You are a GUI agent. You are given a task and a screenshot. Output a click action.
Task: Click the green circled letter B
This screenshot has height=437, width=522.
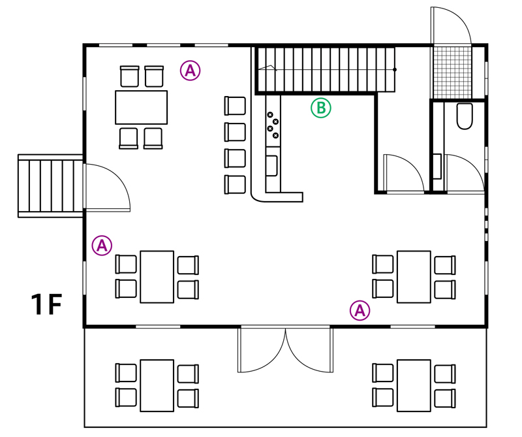pyautogui.click(x=321, y=108)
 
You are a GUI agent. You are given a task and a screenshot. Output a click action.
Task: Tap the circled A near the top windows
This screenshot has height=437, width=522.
pyautogui.click(x=190, y=71)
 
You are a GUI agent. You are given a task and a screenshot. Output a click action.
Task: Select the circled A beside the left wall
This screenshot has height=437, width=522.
pyautogui.click(x=102, y=246)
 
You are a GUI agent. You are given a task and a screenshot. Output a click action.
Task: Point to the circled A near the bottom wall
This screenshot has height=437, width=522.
pyautogui.click(x=360, y=311)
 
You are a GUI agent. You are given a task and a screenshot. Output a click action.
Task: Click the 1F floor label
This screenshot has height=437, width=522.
pyautogui.click(x=46, y=304)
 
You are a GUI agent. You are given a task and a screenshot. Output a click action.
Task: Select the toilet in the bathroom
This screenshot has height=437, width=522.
pyautogui.click(x=465, y=116)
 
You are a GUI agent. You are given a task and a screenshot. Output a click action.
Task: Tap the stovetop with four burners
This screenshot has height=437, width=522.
pyautogui.click(x=273, y=125)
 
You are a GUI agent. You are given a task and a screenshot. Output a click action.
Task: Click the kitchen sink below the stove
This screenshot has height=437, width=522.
pyautogui.click(x=271, y=165)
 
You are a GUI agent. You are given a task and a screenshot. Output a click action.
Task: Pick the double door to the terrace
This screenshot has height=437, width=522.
pyautogui.click(x=285, y=350)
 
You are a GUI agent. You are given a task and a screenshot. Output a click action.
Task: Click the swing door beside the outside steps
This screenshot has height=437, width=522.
pyautogui.click(x=107, y=187)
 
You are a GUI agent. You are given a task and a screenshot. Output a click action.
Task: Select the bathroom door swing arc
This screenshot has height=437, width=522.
pyautogui.click(x=465, y=173)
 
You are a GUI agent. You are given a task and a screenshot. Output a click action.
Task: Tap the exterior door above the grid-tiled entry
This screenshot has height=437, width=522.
pyautogui.click(x=451, y=25)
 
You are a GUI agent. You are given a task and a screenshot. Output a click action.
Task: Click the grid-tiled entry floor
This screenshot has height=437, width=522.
pyautogui.click(x=452, y=73)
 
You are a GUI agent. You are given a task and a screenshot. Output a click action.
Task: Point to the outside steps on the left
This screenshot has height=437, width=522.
pyautogui.click(x=50, y=186)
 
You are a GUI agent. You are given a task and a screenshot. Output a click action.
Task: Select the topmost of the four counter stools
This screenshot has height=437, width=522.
pyautogui.click(x=235, y=106)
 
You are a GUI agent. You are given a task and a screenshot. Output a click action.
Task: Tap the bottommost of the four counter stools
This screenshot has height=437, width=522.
pyautogui.click(x=235, y=184)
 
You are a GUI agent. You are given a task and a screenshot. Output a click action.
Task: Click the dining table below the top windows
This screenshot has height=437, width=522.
pyautogui.click(x=141, y=107)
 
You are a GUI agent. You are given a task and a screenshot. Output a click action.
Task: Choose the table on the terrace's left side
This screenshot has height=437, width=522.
pyautogui.click(x=157, y=385)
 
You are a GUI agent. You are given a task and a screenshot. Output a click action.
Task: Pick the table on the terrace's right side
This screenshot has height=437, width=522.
pyautogui.click(x=414, y=385)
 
